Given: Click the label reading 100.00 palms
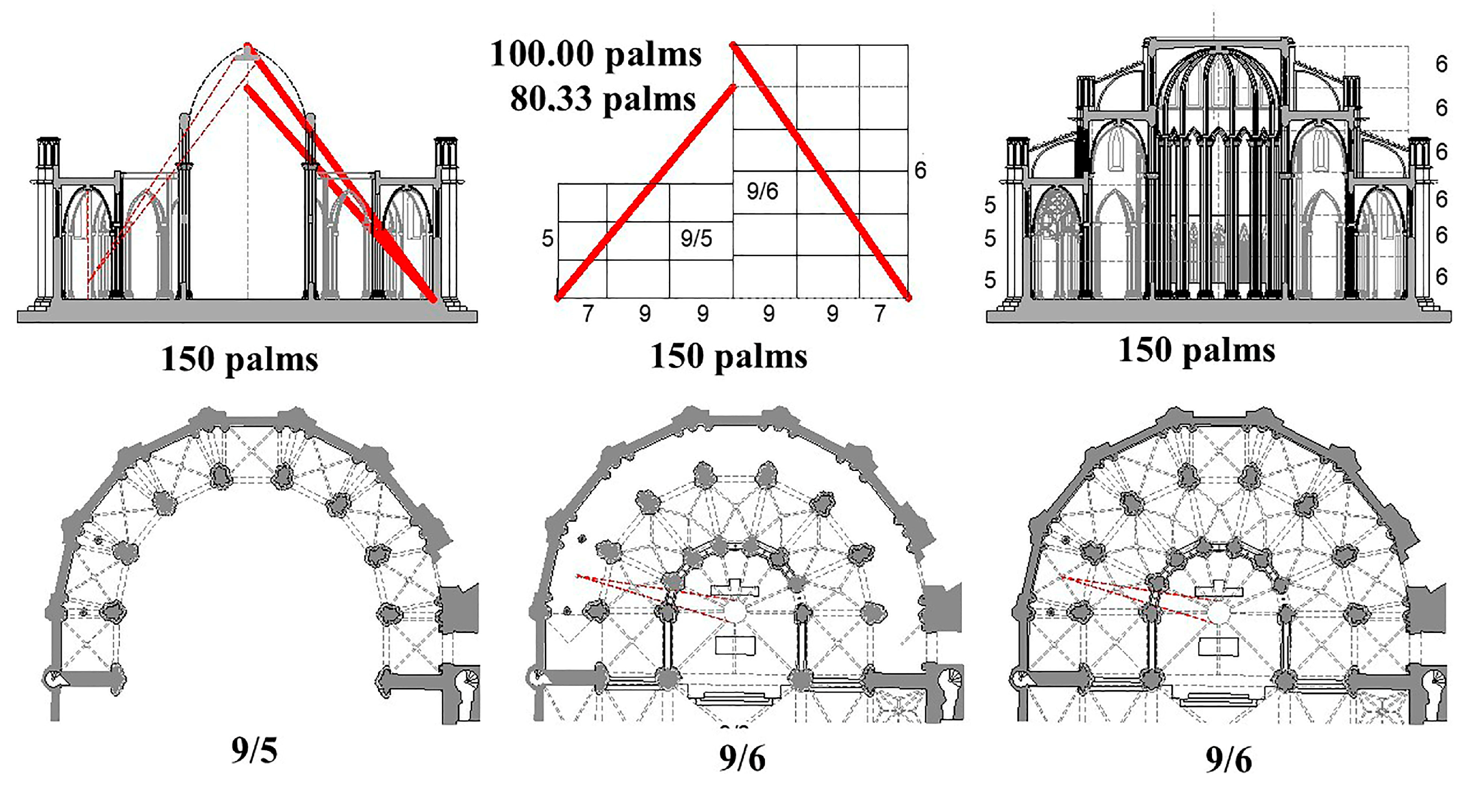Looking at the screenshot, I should [596, 54].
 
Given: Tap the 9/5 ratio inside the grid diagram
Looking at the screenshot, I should [696, 238].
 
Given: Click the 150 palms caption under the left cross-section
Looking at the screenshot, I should [239, 359].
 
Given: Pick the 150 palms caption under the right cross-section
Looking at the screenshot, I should [1197, 349].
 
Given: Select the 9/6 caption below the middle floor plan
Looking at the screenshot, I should [742, 758].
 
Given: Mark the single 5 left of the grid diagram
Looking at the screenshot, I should [547, 238].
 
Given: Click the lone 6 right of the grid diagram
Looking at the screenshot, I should [920, 170].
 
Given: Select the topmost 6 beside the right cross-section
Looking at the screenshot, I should [1441, 64].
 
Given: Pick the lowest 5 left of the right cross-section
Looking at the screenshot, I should [990, 280].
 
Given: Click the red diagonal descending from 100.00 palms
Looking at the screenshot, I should [821, 171].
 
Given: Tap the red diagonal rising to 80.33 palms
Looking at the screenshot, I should [644, 192].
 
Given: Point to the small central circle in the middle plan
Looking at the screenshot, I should [734, 612].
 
